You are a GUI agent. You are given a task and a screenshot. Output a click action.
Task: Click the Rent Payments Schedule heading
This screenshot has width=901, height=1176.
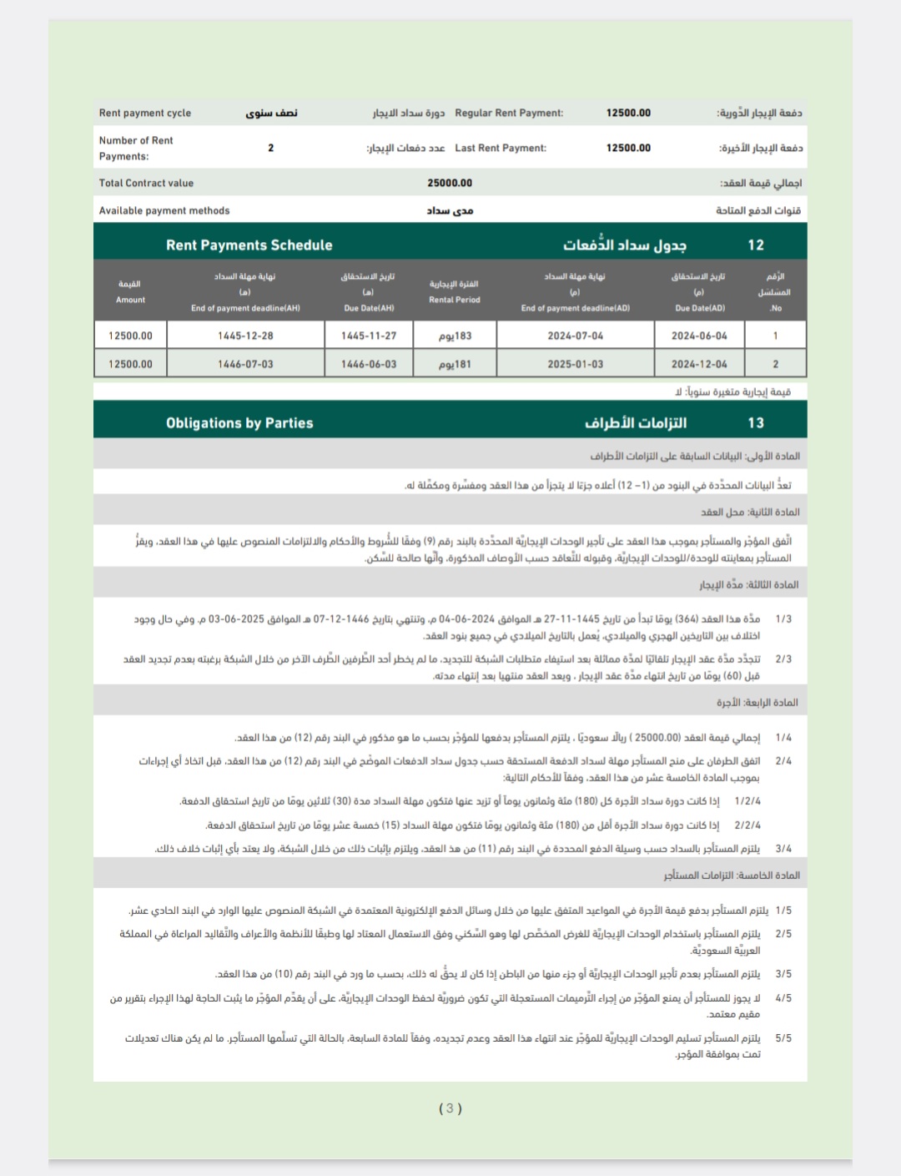point(249,245)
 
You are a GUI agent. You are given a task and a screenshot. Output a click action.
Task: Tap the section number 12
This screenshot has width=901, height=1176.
point(756,245)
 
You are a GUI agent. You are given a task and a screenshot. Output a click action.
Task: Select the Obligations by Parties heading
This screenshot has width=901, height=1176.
point(239,423)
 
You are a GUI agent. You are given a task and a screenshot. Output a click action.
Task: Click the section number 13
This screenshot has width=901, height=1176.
point(756,423)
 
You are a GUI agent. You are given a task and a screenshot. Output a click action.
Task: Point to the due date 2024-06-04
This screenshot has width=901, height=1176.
point(699,336)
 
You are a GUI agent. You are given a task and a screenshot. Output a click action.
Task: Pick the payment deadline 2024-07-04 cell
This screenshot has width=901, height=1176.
point(576,336)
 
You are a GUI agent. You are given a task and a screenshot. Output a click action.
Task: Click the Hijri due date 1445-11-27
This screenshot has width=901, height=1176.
point(369,336)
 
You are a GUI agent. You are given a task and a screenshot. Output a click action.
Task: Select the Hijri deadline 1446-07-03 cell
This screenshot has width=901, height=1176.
point(245,364)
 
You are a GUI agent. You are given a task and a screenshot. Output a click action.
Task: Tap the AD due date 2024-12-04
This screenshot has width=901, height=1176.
point(699,364)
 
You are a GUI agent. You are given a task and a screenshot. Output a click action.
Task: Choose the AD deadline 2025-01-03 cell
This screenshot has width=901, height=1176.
point(576,364)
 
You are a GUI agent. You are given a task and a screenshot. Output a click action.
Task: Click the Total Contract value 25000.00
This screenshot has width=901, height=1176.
point(450,183)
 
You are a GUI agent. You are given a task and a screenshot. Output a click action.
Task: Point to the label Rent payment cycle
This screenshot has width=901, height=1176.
point(145,113)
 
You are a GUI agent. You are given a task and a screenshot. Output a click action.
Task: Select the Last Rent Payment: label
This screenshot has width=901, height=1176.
point(501,148)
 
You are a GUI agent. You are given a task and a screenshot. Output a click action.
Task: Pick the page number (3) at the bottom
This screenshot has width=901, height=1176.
point(450,1108)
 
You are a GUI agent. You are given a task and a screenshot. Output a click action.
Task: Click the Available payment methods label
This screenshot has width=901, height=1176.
point(164,210)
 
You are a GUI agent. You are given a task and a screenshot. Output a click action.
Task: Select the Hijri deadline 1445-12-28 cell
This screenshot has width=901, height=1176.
point(245,336)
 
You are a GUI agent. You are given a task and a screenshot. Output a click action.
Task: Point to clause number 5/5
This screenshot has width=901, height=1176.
point(783,1038)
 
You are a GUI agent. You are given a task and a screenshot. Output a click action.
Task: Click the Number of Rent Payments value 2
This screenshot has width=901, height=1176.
point(270,148)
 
